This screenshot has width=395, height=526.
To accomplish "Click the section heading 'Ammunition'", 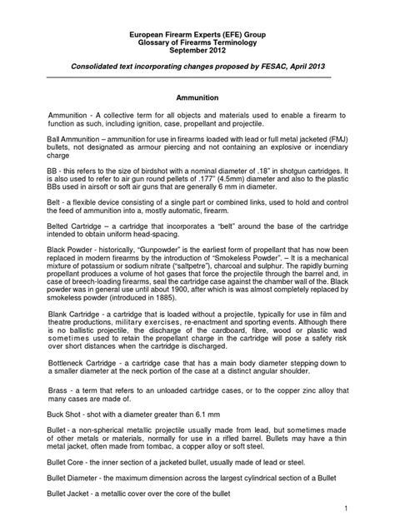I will point(197,97).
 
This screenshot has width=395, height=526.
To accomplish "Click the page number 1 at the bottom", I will point(367,508).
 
